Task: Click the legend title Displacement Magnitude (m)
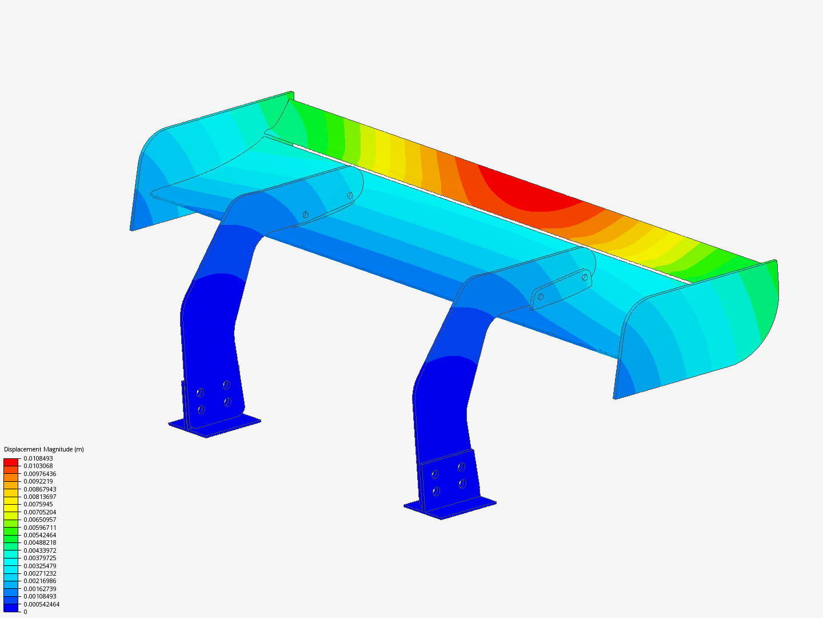pos(44,449)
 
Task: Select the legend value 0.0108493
pos(38,458)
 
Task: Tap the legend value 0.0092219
pos(38,481)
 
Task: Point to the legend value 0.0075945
pos(38,504)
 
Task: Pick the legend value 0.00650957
pos(40,520)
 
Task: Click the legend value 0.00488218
pos(40,542)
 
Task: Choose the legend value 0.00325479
pos(40,565)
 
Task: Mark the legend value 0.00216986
pos(40,581)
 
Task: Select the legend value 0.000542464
pos(41,604)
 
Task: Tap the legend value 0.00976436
pos(40,474)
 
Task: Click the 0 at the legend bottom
pos(25,612)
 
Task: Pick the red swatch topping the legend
pos(11,462)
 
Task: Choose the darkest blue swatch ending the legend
pos(11,608)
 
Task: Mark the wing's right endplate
pos(697,332)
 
